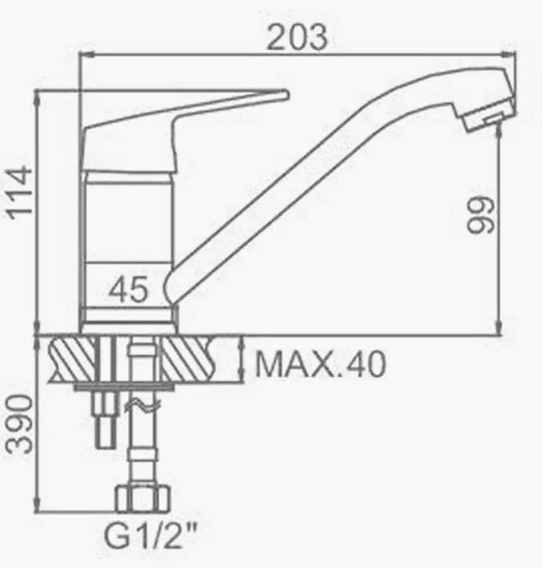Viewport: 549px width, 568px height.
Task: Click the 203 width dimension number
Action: click(x=297, y=37)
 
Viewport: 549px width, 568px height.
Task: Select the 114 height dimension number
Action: click(x=20, y=192)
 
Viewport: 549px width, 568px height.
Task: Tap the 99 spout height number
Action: click(x=480, y=215)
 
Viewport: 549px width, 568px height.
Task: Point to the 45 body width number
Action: click(x=129, y=289)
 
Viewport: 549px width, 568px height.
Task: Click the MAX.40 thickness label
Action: click(x=320, y=364)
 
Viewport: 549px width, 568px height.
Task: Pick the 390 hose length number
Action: click(x=19, y=424)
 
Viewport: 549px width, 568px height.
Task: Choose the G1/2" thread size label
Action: click(x=151, y=536)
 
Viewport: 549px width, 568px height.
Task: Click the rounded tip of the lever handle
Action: click(x=285, y=95)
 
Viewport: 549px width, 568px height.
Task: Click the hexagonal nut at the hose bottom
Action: click(x=142, y=498)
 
